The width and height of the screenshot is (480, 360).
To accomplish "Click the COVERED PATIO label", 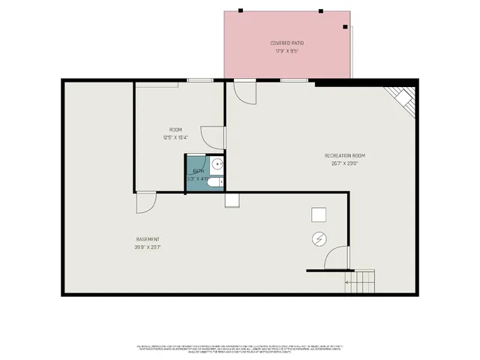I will click(x=287, y=43).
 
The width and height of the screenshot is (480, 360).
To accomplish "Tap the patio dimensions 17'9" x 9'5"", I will click(x=287, y=52).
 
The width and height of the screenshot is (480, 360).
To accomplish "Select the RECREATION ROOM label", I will click(x=344, y=155).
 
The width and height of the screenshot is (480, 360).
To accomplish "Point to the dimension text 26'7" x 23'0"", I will click(x=344, y=163).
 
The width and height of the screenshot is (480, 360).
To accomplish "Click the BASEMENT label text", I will click(x=147, y=239).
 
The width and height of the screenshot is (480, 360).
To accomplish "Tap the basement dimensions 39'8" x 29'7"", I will click(x=147, y=247).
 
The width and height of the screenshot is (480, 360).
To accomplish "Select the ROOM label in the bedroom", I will click(x=175, y=130).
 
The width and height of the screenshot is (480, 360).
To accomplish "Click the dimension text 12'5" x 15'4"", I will click(x=175, y=137).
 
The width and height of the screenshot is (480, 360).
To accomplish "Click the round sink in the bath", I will click(x=216, y=164).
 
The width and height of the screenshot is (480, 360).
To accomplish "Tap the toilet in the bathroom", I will click(x=214, y=182).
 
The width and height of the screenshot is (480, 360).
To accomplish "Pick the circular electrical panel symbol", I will click(x=319, y=239).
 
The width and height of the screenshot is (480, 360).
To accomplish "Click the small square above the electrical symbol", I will click(x=319, y=215).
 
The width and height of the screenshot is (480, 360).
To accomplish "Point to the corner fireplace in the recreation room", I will click(x=402, y=100).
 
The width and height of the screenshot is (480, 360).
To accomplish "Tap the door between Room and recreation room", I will click(x=214, y=137).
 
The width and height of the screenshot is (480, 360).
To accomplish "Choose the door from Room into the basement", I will click(x=145, y=202).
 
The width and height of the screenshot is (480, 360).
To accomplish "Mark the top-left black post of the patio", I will click(x=241, y=10).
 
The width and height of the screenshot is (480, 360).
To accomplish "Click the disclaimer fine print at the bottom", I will click(x=240, y=349).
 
